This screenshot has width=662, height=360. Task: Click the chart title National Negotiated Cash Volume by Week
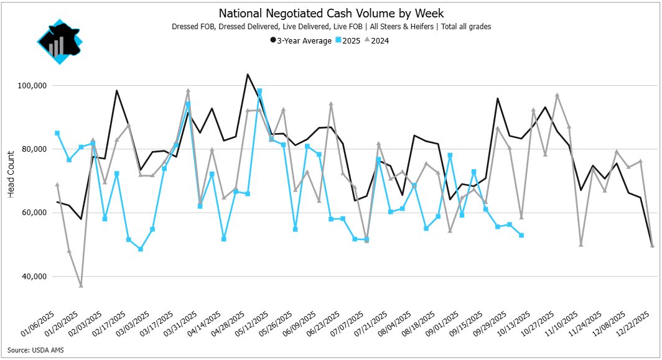[x=330, y=13]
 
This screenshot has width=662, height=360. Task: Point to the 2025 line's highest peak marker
[x=259, y=91]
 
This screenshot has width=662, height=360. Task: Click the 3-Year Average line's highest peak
[x=248, y=75]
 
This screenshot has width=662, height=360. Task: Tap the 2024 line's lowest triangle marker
[x=81, y=285]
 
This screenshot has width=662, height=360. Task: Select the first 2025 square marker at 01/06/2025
[x=57, y=133]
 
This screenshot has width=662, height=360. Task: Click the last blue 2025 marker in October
[x=521, y=235]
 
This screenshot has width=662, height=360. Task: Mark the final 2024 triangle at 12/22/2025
[x=652, y=246]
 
